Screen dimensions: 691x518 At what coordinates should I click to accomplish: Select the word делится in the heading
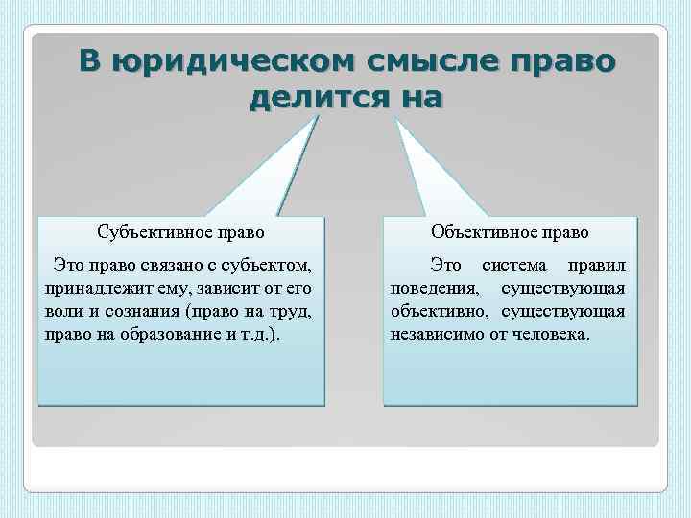point(309,98)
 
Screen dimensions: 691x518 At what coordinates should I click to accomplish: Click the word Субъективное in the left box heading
point(152,232)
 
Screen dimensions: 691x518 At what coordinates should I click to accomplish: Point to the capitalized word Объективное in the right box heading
point(480,232)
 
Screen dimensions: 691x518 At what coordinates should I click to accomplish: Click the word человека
point(554,335)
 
